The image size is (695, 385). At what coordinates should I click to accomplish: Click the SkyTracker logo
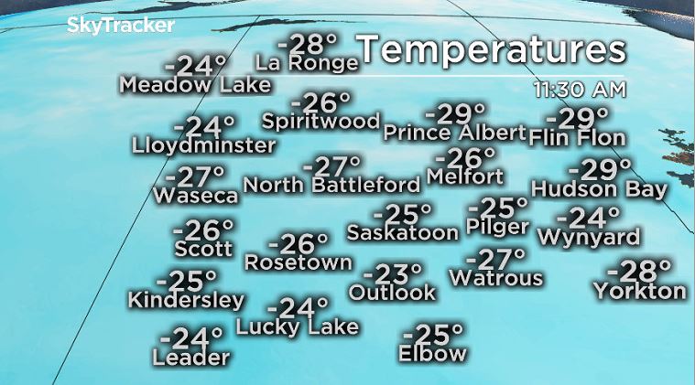coord(120,26)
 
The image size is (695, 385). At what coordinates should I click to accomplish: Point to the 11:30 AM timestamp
coord(581,90)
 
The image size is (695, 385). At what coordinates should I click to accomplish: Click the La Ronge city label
coord(306,63)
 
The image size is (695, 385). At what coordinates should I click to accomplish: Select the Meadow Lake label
coord(195,85)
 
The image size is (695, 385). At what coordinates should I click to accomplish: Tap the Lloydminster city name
coord(203,145)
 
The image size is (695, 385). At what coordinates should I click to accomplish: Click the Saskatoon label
coord(402,232)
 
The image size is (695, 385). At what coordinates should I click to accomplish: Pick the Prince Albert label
coord(454,133)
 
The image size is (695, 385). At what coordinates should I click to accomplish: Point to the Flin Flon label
coord(577,138)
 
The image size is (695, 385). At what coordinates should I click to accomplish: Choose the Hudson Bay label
coord(599,189)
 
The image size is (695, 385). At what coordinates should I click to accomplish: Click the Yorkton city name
coord(639,292)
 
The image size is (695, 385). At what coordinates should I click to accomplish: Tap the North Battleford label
coord(331,185)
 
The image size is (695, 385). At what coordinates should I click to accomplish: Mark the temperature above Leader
coord(190,338)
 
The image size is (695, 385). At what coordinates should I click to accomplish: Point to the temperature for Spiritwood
coord(320,102)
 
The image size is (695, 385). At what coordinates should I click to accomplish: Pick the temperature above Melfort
coord(472,157)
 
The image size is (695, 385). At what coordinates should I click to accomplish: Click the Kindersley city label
coord(186,300)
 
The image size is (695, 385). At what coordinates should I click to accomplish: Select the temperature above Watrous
coord(495,259)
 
